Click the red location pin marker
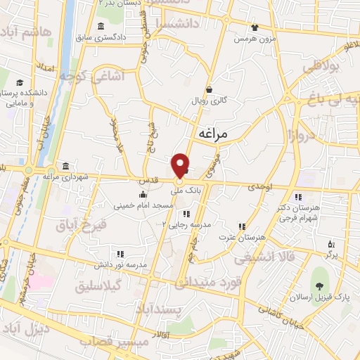(x=181, y=165)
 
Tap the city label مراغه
(x=211, y=134)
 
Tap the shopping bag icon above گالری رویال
(x=209, y=89)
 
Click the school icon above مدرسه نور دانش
(x=120, y=254)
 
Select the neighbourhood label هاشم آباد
(x=27, y=32)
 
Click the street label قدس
(x=146, y=181)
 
